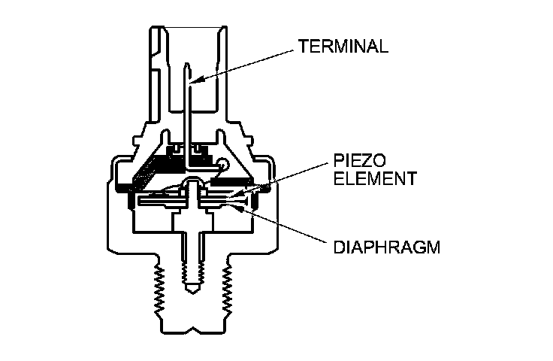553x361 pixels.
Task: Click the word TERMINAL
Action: tap(343, 46)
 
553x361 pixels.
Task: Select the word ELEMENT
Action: tap(369, 180)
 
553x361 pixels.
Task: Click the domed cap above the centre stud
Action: tap(193, 183)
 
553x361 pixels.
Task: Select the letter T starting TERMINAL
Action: tap(303, 46)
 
